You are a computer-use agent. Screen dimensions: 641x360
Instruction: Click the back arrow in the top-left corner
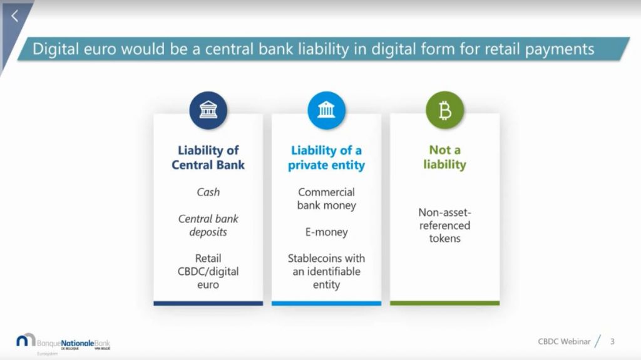pyautogui.click(x=15, y=16)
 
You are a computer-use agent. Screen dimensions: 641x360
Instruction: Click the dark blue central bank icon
pyautogui.click(x=208, y=110)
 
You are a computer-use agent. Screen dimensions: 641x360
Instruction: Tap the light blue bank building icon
pyautogui.click(x=326, y=110)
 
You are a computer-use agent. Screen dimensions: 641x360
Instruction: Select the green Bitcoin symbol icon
pyautogui.click(x=445, y=110)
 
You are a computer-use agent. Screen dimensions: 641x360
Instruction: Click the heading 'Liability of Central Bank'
pyautogui.click(x=208, y=158)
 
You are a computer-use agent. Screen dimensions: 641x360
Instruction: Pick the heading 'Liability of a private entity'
pyautogui.click(x=326, y=158)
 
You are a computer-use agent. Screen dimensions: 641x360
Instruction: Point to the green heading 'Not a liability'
pyautogui.click(x=445, y=157)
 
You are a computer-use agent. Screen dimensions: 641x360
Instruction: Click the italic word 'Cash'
pyautogui.click(x=208, y=192)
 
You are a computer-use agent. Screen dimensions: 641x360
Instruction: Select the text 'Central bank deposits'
pyautogui.click(x=208, y=225)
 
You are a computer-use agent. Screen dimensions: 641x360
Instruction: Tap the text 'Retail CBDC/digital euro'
pyautogui.click(x=208, y=271)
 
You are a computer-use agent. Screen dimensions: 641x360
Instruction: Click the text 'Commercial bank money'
pyautogui.click(x=326, y=198)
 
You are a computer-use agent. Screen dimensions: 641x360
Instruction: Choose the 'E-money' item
pyautogui.click(x=326, y=232)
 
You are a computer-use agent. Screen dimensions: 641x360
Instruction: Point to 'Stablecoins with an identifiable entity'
pyautogui.click(x=326, y=271)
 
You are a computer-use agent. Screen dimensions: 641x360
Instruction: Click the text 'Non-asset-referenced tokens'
pyautogui.click(x=445, y=225)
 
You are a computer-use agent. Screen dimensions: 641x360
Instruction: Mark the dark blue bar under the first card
pyautogui.click(x=208, y=304)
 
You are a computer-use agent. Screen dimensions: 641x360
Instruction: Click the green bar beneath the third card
pyautogui.click(x=445, y=304)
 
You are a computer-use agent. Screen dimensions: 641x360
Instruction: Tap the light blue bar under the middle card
pyautogui.click(x=326, y=304)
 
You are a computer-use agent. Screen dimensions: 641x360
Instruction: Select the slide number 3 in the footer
pyautogui.click(x=612, y=341)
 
